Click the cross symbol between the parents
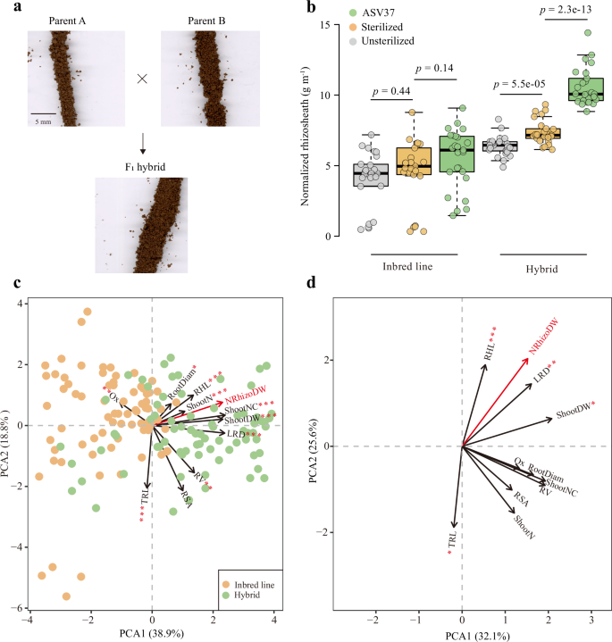pyautogui.click(x=141, y=78)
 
